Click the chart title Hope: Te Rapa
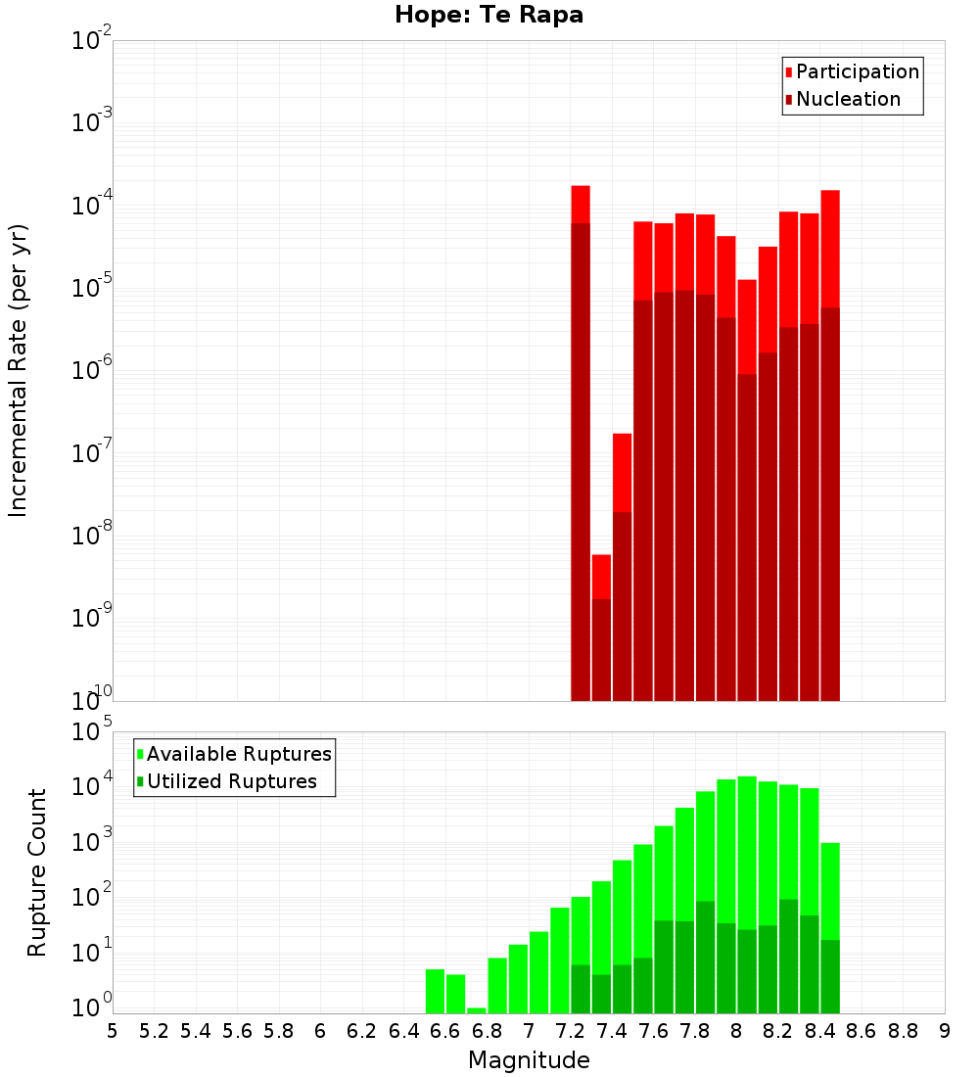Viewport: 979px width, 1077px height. click(x=489, y=16)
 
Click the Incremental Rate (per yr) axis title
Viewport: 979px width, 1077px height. click(x=19, y=370)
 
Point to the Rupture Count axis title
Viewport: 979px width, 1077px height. click(x=37, y=872)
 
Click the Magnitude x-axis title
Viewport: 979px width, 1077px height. click(x=529, y=1060)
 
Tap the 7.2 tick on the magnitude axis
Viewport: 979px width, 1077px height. click(x=570, y=1031)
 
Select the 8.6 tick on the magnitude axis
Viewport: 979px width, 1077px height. click(x=862, y=1031)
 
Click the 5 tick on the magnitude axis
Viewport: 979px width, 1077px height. click(x=113, y=1031)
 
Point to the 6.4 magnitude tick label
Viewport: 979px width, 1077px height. click(x=403, y=1031)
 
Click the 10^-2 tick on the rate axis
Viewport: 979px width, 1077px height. click(x=92, y=42)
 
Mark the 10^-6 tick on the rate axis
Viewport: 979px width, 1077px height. click(x=92, y=371)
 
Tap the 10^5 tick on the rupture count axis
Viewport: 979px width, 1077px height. click(x=92, y=732)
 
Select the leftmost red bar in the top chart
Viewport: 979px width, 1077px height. click(x=581, y=441)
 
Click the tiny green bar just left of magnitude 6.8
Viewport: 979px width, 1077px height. click(x=477, y=1010)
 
